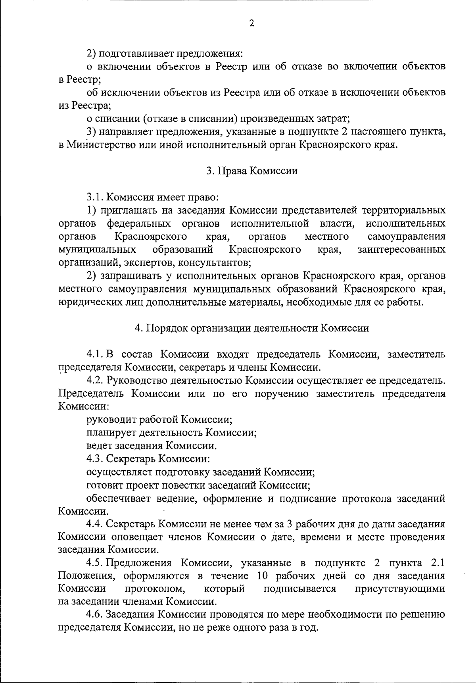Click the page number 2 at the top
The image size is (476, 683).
tap(251, 23)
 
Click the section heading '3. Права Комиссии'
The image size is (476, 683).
tap(252, 171)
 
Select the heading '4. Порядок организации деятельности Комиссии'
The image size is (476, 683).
tap(252, 328)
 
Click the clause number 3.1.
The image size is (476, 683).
tap(96, 197)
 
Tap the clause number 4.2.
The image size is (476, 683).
tap(96, 381)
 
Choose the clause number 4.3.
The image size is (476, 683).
tap(96, 459)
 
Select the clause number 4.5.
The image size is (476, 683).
tap(96, 564)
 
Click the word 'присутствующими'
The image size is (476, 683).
tap(400, 589)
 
